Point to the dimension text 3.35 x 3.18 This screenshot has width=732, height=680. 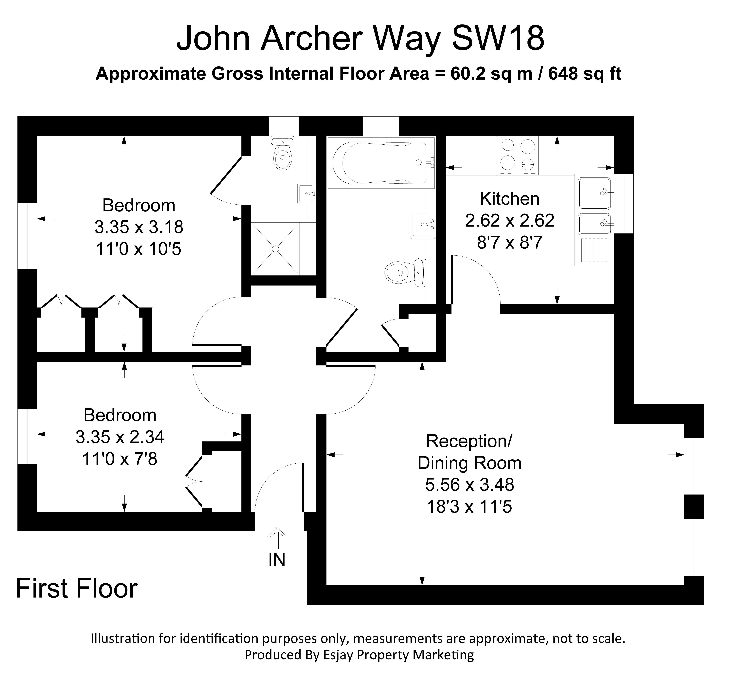(139, 227)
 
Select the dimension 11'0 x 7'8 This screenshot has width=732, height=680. (120, 459)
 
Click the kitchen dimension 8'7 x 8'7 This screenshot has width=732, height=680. (510, 243)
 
